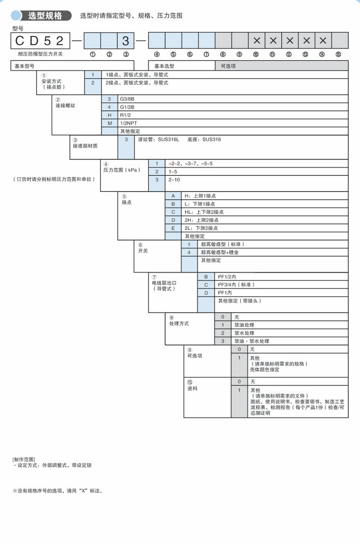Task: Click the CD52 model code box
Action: click(40, 41)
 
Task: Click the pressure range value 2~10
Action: click(174, 180)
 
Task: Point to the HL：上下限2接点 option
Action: click(204, 211)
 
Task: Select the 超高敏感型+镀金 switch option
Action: click(220, 252)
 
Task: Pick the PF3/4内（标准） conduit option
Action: click(236, 284)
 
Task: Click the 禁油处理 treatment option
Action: click(244, 325)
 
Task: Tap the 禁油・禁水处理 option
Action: click(252, 341)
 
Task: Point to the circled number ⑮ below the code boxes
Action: click(338, 54)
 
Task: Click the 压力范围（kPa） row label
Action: click(119, 169)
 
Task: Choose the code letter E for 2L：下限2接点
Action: click(173, 228)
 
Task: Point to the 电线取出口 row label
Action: click(164, 283)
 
